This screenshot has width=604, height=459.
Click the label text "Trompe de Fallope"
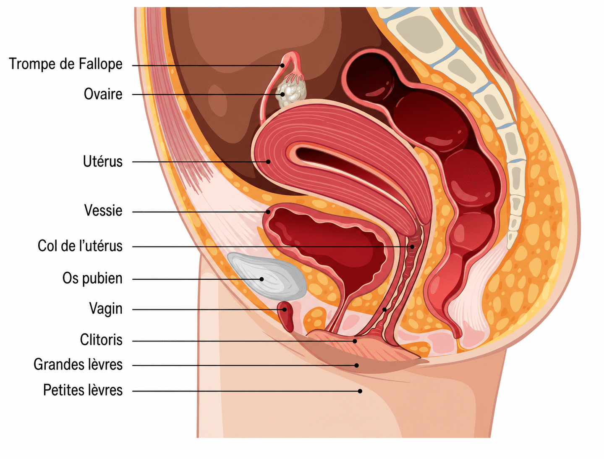click(66, 64)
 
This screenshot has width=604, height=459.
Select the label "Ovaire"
click(103, 94)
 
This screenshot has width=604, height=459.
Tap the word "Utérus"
click(103, 161)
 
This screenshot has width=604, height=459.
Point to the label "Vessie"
click(103, 211)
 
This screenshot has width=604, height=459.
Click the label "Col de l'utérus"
click(80, 246)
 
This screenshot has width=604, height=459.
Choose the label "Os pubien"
click(92, 278)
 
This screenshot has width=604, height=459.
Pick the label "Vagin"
click(106, 309)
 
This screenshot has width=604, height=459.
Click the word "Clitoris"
click(101, 340)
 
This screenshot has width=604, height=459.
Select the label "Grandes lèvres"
click(78, 365)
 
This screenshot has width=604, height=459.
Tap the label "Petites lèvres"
click(83, 390)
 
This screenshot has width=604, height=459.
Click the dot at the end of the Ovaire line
click(282, 94)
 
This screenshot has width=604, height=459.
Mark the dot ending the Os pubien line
click(261, 279)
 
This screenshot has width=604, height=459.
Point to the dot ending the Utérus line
click(268, 162)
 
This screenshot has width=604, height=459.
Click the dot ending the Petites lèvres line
click(360, 391)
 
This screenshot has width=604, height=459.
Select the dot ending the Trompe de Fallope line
click(282, 66)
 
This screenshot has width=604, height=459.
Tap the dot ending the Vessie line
click(268, 212)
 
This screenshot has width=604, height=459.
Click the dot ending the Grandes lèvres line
click(356, 365)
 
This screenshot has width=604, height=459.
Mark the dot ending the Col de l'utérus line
click(412, 247)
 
